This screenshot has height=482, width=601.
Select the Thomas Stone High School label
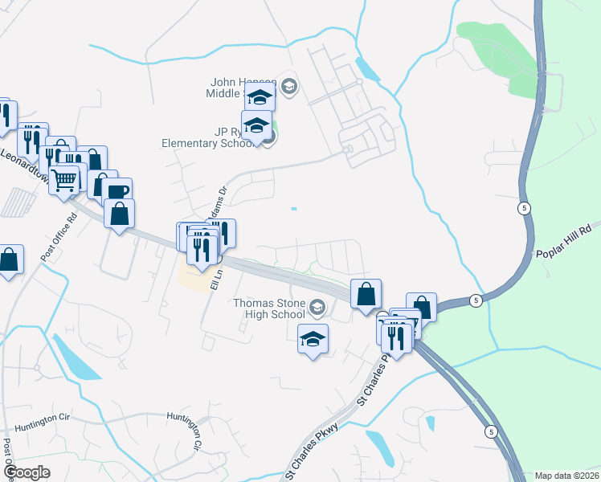269,308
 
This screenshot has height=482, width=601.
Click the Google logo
27,472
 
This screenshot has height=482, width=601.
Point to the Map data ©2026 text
566,474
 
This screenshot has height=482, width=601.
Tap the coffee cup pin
117,191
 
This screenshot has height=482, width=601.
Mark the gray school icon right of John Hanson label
290,87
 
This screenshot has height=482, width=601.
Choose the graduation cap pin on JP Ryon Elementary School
256,126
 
